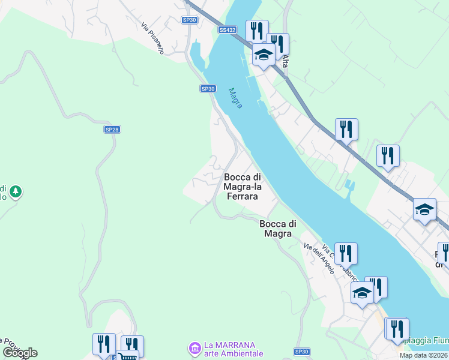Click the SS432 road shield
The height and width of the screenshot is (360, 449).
pyautogui.click(x=228, y=29)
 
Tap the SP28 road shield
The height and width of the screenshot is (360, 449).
pyautogui.click(x=112, y=130)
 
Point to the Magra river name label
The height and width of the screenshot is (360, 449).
pyautogui.click(x=235, y=98)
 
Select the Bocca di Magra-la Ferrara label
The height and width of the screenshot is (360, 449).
pyautogui.click(x=242, y=187)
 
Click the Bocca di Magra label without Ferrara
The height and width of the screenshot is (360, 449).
pyautogui.click(x=278, y=229)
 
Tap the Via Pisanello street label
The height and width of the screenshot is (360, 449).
pyautogui.click(x=152, y=38)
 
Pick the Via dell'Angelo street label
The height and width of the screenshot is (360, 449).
pyautogui.click(x=319, y=259)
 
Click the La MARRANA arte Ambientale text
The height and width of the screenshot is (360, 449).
pyautogui.click(x=233, y=349)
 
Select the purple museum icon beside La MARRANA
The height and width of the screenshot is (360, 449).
pyautogui.click(x=194, y=347)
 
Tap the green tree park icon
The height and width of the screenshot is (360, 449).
pyautogui.click(x=16, y=192)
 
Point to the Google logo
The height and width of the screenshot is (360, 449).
pyautogui.click(x=19, y=352)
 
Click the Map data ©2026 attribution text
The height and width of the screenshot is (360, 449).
pyautogui.click(x=423, y=355)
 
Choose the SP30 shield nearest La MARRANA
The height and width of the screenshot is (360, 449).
pyautogui.click(x=301, y=352)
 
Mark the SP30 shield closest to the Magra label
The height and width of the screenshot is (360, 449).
pyautogui.click(x=207, y=89)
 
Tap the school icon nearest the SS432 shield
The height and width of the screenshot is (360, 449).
pyautogui.click(x=263, y=56)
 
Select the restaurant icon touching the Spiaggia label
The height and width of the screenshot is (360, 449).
pyautogui.click(x=397, y=329)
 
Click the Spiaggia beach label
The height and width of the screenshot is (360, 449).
pyautogui.click(x=429, y=341)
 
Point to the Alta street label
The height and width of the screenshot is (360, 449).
pyautogui.click(x=285, y=61)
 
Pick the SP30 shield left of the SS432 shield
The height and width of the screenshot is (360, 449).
pyautogui.click(x=190, y=20)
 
